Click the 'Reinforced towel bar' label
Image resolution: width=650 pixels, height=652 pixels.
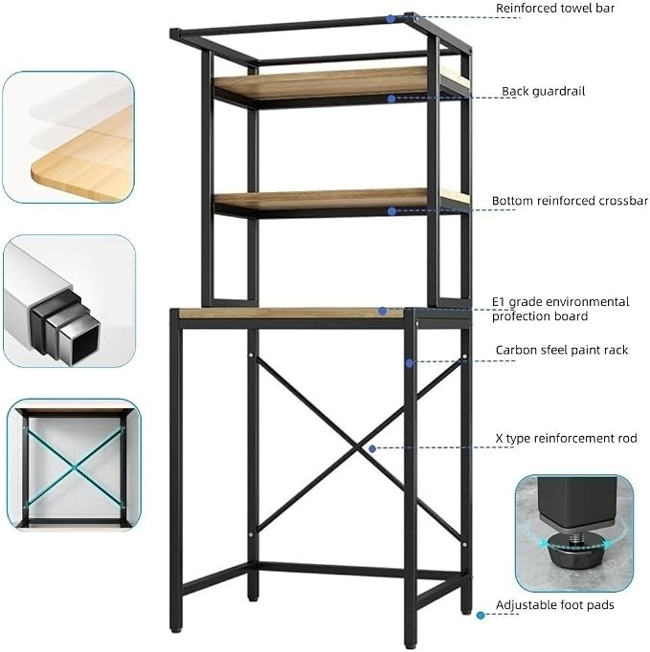(555, 9)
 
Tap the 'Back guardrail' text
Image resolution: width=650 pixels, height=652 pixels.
(543, 91)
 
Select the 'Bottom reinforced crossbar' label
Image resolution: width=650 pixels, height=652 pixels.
(570, 201)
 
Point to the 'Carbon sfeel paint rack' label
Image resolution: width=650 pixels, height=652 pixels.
(561, 350)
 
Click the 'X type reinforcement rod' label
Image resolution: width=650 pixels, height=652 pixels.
(566, 438)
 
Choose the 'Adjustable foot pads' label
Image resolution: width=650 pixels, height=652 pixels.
(554, 605)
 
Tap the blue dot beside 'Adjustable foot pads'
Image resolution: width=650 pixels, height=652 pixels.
(481, 615)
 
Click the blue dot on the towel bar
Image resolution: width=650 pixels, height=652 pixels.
(391, 19)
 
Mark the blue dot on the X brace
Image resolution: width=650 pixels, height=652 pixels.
(372, 448)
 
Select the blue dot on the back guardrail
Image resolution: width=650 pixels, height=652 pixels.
(391, 98)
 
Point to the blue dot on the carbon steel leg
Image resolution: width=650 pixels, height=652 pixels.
(410, 363)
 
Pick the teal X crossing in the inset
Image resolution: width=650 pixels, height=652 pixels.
(75, 468)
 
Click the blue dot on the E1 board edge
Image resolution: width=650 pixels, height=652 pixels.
(382, 311)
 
